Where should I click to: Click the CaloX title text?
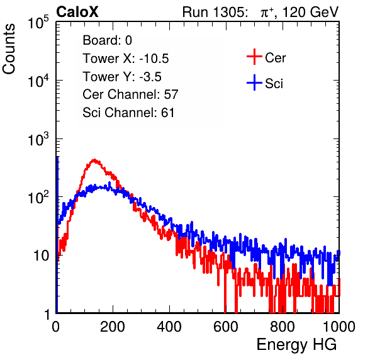(x=77, y=12)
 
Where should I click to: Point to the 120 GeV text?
(x=310, y=12)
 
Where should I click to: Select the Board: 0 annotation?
(x=107, y=40)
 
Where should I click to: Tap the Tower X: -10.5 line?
(x=126, y=59)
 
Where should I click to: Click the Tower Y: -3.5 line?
(x=122, y=77)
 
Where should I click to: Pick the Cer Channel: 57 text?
(x=130, y=94)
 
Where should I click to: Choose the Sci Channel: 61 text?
(x=128, y=113)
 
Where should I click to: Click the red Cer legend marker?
(x=254, y=57)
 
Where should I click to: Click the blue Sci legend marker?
(x=254, y=82)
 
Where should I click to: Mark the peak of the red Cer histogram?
(x=94, y=160)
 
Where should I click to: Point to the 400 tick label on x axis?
(x=169, y=327)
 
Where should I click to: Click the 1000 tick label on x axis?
(x=339, y=327)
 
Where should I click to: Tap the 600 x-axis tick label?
(x=226, y=327)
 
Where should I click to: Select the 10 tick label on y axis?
(x=41, y=256)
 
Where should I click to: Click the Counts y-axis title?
(x=9, y=49)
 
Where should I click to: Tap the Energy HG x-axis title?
(x=296, y=345)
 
